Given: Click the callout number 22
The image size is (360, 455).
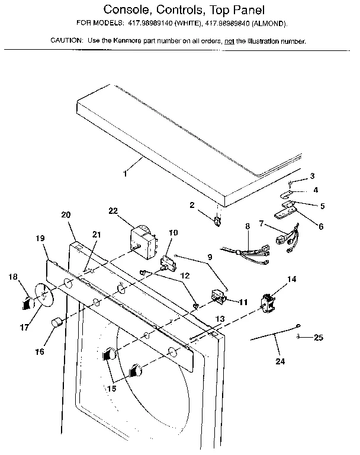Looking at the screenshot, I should coord(113,211).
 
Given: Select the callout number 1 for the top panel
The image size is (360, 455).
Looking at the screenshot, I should coord(125,174).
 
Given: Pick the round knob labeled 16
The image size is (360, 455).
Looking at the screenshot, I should coord(57,323).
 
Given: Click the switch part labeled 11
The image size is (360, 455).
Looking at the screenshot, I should coord(219,296).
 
